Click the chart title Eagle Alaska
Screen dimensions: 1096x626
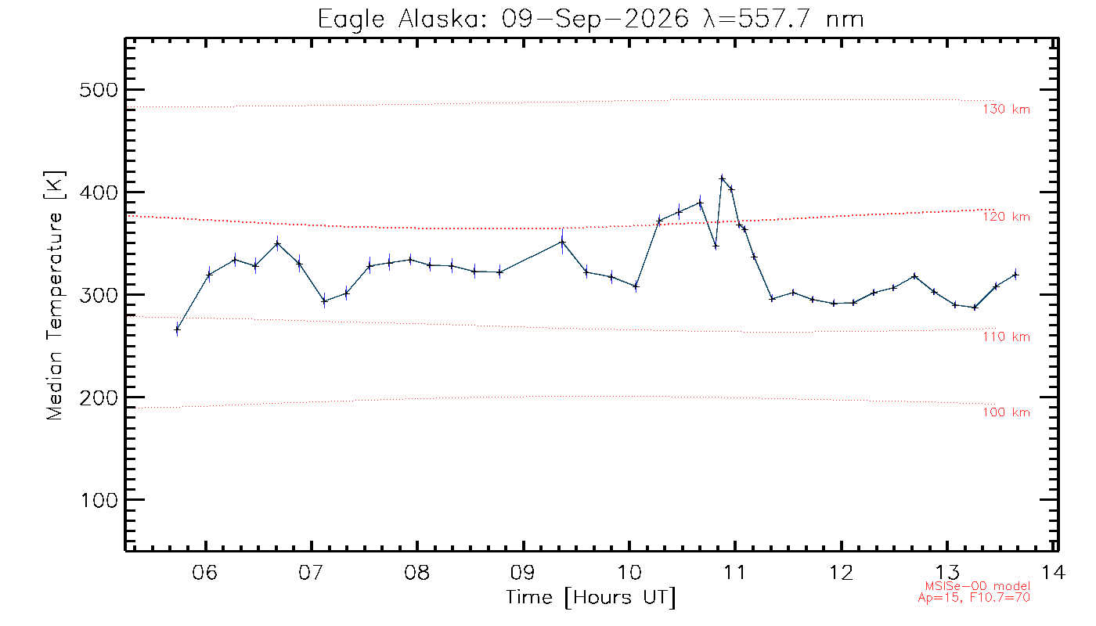[400, 20]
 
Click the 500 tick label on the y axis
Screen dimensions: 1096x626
[99, 90]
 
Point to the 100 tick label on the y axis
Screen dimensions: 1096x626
[99, 500]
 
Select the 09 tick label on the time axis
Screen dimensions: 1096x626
[523, 572]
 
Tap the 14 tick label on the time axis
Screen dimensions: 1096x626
[1053, 572]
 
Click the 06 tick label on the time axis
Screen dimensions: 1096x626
[205, 572]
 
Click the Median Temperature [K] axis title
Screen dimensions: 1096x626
[54, 295]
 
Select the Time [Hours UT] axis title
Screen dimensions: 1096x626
[590, 598]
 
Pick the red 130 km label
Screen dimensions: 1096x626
[1007, 110]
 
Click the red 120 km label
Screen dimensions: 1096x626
[1007, 217]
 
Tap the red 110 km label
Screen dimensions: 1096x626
[1007, 337]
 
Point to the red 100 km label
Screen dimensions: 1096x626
[1007, 412]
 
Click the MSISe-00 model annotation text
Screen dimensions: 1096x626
[978, 586]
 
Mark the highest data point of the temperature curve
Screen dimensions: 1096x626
[722, 178]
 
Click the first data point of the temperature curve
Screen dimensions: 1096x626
[177, 330]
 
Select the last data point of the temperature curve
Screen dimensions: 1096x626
[1016, 275]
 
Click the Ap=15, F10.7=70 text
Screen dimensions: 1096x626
[974, 598]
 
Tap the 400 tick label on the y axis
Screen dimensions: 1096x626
[99, 192]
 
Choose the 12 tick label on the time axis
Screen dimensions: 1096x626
[841, 572]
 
